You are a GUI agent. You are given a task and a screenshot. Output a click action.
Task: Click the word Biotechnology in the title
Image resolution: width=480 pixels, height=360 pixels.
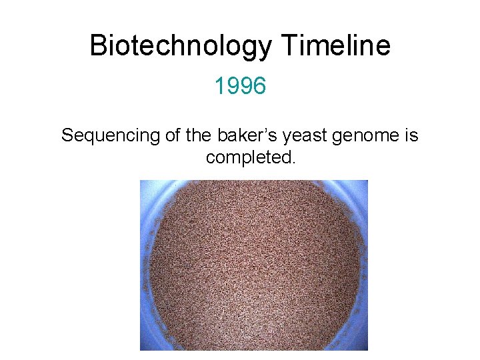pos(181,46)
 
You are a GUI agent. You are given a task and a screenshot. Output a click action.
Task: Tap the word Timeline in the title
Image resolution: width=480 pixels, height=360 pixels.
pos(336,46)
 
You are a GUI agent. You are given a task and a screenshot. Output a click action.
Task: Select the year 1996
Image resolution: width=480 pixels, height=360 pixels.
pos(240,86)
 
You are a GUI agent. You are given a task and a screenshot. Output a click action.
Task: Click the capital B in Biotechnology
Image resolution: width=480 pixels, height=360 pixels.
pos(98,46)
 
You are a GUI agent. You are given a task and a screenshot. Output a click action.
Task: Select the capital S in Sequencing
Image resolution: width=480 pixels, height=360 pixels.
pos(67,136)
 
